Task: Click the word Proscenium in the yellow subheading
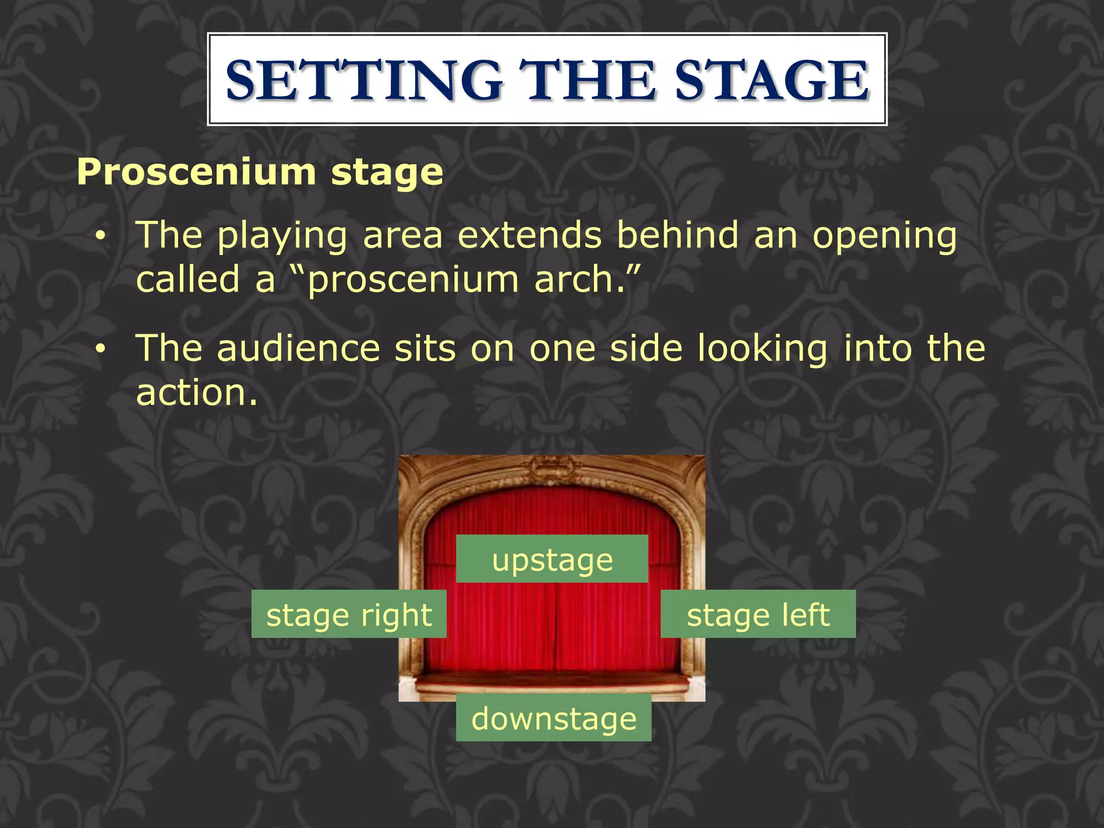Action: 196,172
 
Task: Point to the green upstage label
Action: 552,559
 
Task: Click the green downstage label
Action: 554,717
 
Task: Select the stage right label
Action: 349,614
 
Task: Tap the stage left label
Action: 758,614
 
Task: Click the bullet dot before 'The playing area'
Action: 100,237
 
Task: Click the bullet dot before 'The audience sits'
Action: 100,350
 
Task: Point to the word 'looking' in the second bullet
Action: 762,349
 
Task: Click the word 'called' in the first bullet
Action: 188,280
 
